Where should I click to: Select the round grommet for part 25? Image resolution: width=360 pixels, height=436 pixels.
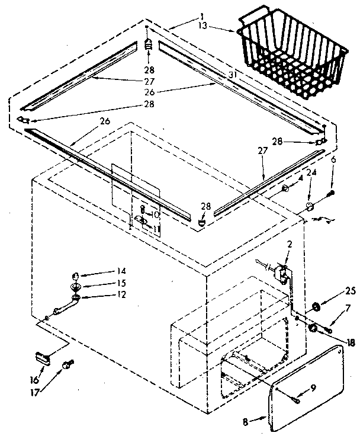(x=314, y=306)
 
